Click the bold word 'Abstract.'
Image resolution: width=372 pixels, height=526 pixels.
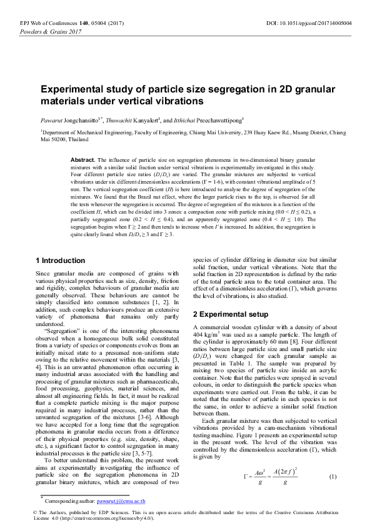[83, 160]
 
